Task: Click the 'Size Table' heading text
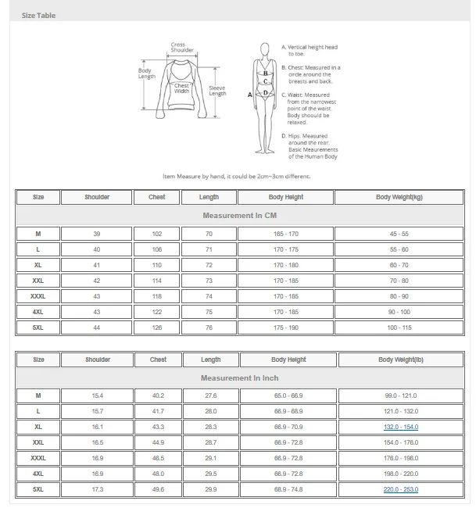click(x=38, y=16)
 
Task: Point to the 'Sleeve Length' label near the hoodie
click(x=217, y=91)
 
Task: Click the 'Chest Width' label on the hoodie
click(x=181, y=88)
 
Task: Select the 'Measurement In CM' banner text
click(x=239, y=216)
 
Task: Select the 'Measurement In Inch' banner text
click(x=239, y=378)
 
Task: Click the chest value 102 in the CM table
click(x=156, y=234)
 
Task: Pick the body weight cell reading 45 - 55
click(x=399, y=234)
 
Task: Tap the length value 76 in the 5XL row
click(x=209, y=327)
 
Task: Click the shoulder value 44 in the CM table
click(x=97, y=327)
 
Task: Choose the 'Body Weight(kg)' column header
click(x=399, y=197)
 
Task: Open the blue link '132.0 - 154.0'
click(x=400, y=427)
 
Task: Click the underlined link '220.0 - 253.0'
click(x=400, y=489)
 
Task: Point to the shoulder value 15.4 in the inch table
click(x=97, y=395)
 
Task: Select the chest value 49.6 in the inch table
click(x=158, y=489)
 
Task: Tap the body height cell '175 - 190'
click(x=285, y=327)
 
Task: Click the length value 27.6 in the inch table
click(x=210, y=395)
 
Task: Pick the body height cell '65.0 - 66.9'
click(x=288, y=395)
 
